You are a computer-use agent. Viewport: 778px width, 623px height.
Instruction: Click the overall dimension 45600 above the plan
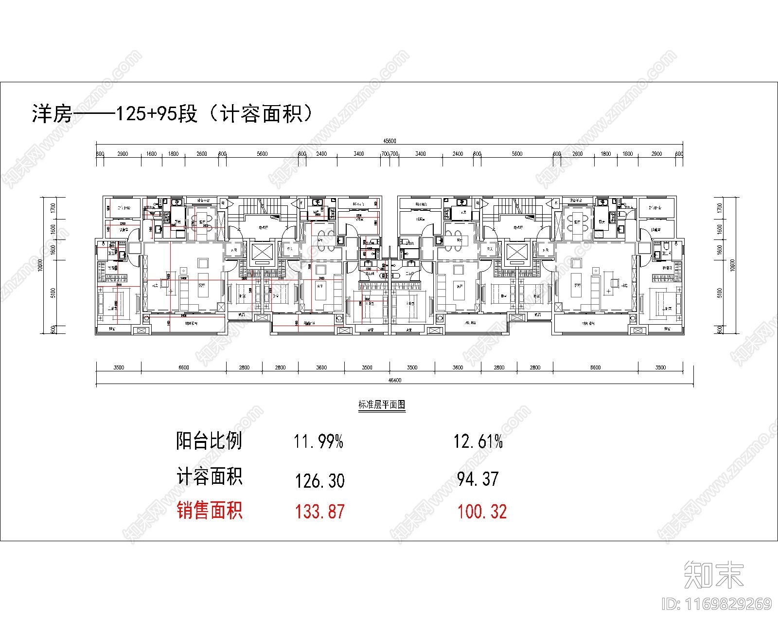coord(389,141)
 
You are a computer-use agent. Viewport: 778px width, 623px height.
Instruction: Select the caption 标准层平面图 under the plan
coord(382,405)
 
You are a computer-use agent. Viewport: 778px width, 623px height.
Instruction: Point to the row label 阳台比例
coord(209,441)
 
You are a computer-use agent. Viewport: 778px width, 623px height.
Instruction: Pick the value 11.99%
coord(318,442)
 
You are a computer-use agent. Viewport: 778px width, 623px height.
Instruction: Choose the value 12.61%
coord(478,442)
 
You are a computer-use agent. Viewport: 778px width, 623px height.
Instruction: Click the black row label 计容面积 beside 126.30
coord(209,477)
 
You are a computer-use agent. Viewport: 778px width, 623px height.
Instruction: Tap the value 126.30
coord(319,481)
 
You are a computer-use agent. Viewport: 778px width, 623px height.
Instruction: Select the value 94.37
coord(478,479)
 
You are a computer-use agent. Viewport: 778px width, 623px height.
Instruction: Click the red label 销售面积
coord(209,511)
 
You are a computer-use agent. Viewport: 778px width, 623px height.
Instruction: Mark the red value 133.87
coord(319,512)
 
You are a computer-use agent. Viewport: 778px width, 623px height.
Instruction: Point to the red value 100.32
coord(482,512)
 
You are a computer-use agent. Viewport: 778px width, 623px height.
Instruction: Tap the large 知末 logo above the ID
coord(714,575)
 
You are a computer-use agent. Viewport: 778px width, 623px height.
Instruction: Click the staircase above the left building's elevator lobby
coord(263,207)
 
